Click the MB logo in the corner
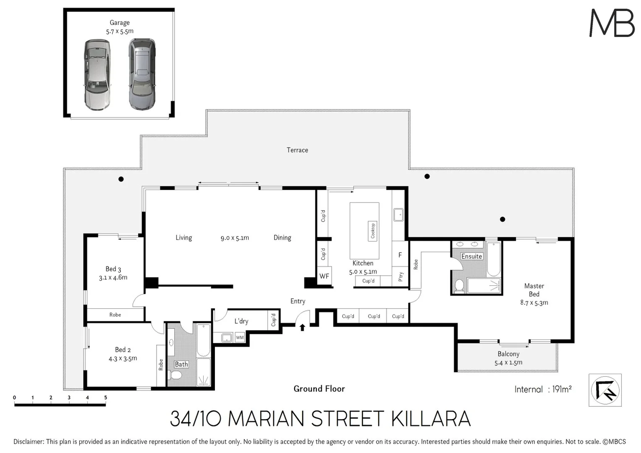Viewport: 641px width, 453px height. pyautogui.click(x=612, y=23)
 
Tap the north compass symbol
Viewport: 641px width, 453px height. pyautogui.click(x=605, y=390)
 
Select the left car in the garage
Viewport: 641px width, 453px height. pyautogui.click(x=97, y=75)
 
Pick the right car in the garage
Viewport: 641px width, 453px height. pyautogui.click(x=142, y=74)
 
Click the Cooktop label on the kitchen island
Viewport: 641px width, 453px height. pyautogui.click(x=372, y=230)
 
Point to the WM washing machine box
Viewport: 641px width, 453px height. pyautogui.click(x=239, y=338)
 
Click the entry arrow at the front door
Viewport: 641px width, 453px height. pyautogui.click(x=302, y=327)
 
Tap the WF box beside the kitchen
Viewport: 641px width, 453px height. pyautogui.click(x=324, y=276)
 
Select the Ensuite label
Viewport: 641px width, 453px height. pyautogui.click(x=471, y=256)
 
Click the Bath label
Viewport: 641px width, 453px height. pyautogui.click(x=181, y=364)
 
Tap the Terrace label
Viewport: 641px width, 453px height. pyautogui.click(x=297, y=150)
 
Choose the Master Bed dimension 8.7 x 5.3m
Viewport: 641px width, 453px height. pyautogui.click(x=534, y=302)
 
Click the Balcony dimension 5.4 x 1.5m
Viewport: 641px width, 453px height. pyautogui.click(x=508, y=362)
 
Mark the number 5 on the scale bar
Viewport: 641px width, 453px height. pyautogui.click(x=105, y=398)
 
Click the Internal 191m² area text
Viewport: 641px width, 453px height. pyautogui.click(x=543, y=389)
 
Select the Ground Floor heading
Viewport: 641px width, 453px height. pyautogui.click(x=319, y=389)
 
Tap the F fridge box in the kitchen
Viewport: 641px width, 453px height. pyautogui.click(x=400, y=255)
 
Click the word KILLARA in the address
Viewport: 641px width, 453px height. pyautogui.click(x=431, y=419)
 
